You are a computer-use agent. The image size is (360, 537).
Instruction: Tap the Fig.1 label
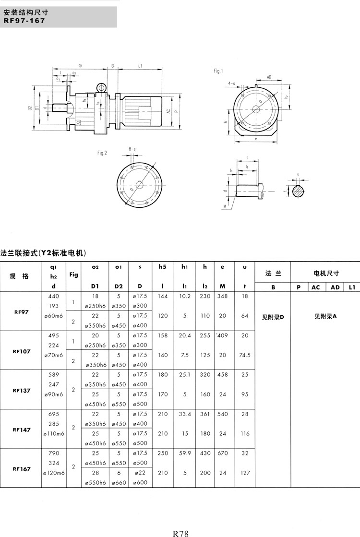point(218,71)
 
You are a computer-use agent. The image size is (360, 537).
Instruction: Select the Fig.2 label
point(102,153)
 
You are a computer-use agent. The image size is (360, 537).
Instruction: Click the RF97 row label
point(22,311)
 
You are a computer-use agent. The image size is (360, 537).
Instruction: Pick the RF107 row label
point(22,351)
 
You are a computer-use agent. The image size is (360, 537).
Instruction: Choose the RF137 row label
point(22,390)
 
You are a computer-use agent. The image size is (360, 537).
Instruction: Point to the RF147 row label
point(22,430)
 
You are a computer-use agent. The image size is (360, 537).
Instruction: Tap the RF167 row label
point(22,469)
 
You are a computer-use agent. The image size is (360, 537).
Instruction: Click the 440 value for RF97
point(54,296)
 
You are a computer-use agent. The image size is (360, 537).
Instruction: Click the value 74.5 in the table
point(245,355)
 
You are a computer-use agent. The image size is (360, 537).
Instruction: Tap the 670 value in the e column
point(222,453)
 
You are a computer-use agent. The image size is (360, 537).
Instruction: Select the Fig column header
point(73,274)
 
